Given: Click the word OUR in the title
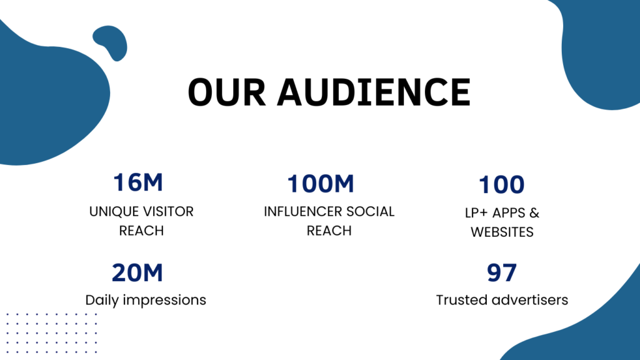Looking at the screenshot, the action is tap(227, 92).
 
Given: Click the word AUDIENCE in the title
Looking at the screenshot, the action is tap(374, 92).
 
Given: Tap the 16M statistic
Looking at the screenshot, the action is tap(138, 182).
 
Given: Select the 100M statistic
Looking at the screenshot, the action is tap(321, 183).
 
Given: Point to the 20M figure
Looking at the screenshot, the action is tap(137, 272).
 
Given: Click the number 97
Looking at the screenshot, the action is tap(502, 272).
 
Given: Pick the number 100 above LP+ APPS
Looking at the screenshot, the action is tap(502, 184).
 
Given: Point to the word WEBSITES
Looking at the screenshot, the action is tap(502, 232).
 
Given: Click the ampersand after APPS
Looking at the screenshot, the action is tap(534, 212).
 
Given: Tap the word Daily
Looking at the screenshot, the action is tap(102, 300).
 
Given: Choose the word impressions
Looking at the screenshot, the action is tap(164, 301).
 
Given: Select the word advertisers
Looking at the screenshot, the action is tap(530, 300).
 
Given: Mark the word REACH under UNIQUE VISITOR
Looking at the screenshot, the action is tap(141, 231).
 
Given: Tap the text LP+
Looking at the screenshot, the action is tap(476, 212).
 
